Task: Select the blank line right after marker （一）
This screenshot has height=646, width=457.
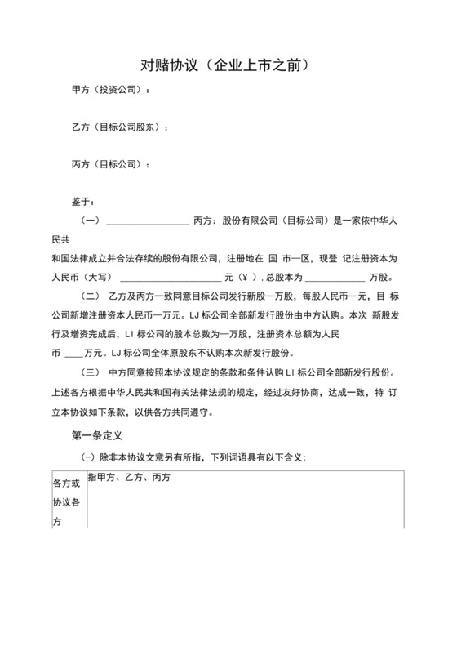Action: [148, 222]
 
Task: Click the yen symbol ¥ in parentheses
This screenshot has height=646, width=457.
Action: [244, 277]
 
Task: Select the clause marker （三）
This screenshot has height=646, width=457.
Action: [90, 372]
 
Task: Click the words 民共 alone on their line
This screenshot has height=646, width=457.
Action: [61, 240]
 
